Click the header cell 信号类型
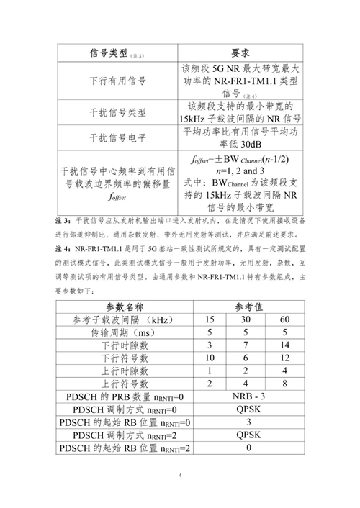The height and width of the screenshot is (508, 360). click(x=109, y=54)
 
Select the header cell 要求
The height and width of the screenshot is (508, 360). click(x=240, y=54)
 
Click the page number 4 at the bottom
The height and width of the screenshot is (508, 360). click(x=180, y=476)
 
